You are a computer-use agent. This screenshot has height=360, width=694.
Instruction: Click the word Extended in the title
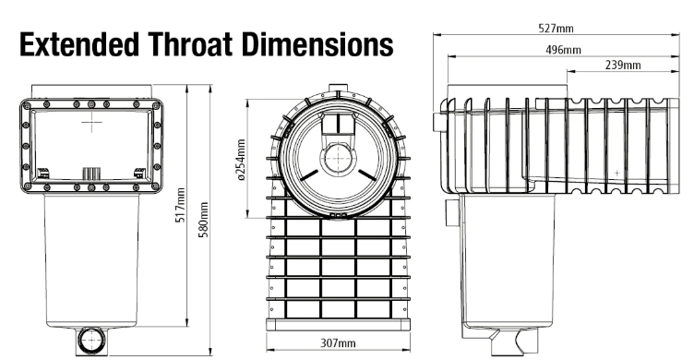click(78, 44)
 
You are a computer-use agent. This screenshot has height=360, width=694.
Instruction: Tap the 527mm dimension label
click(556, 29)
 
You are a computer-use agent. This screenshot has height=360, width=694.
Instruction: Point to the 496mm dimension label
click(563, 50)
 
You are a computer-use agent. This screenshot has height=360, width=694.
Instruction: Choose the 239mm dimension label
click(623, 66)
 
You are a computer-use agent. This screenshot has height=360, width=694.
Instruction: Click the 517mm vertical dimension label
click(180, 205)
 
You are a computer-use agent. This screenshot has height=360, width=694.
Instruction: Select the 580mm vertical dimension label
click(203, 220)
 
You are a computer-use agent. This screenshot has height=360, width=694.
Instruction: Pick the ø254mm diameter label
click(241, 161)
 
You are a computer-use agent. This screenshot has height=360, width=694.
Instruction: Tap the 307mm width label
click(338, 342)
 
